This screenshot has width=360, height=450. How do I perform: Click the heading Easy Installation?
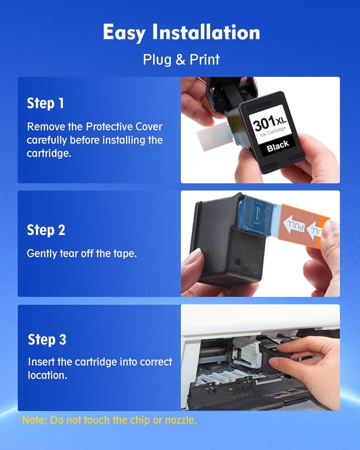pyautogui.click(x=181, y=33)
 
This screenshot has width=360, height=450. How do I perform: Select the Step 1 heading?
pyautogui.click(x=46, y=104)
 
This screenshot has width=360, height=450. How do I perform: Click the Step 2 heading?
pyautogui.click(x=46, y=230)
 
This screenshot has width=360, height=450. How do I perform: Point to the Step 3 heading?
pyautogui.click(x=47, y=340)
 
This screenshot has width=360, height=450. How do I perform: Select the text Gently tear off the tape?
pyautogui.click(x=82, y=254)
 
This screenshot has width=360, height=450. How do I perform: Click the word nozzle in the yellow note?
pyautogui.click(x=180, y=420)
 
